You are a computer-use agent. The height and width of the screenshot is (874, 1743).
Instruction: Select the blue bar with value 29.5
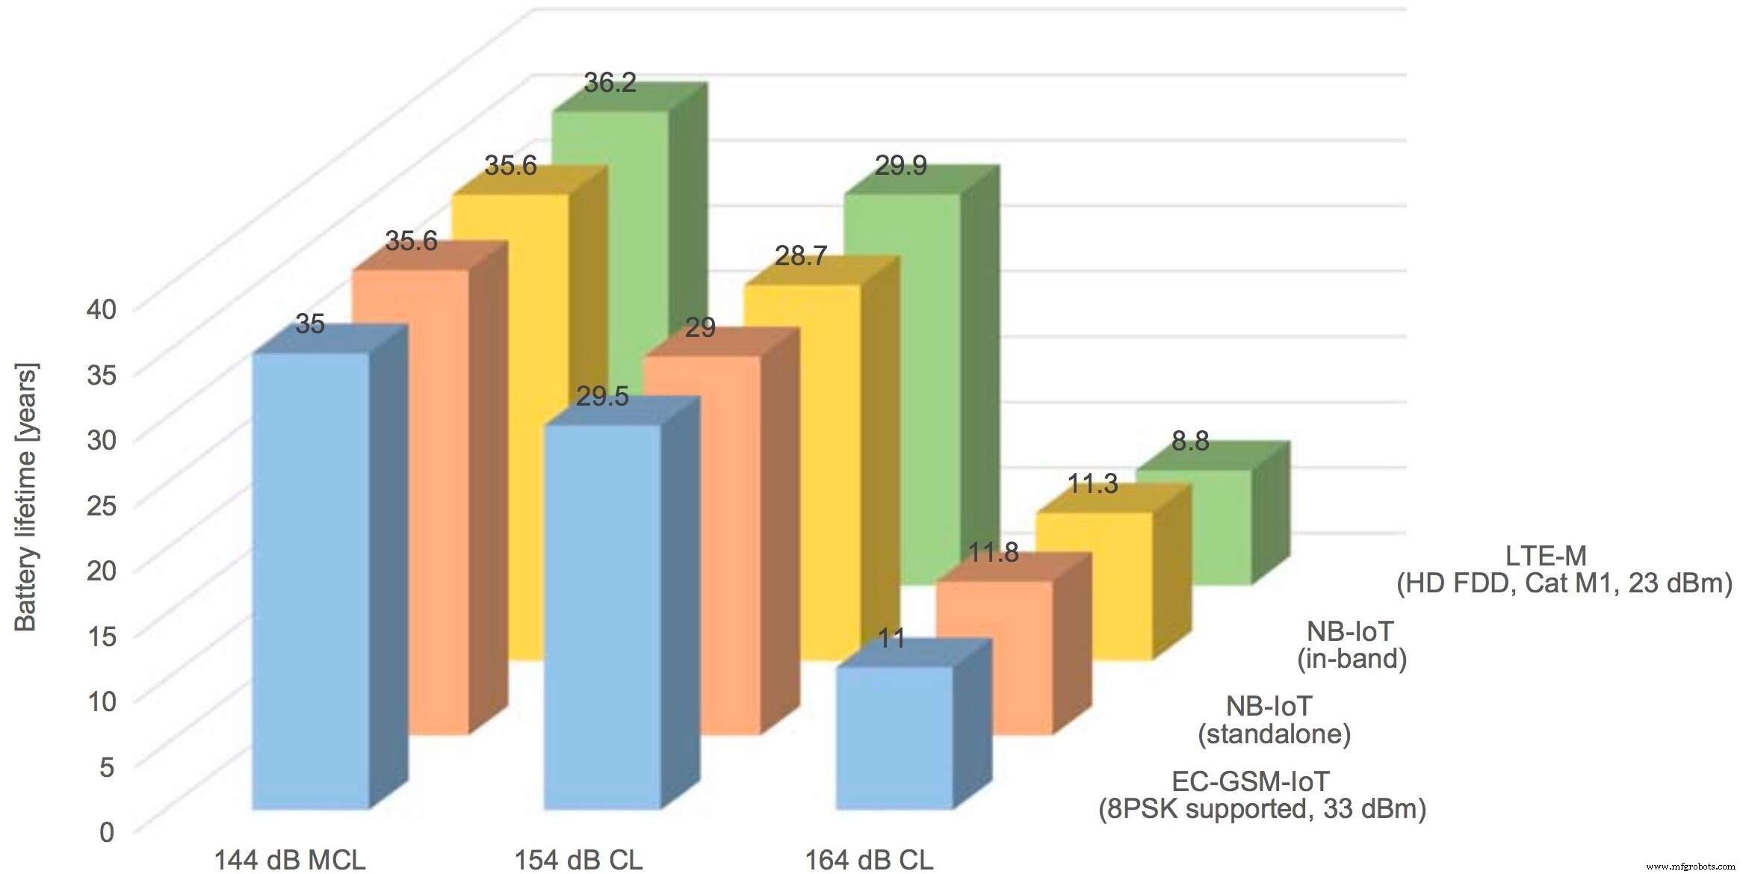point(602,616)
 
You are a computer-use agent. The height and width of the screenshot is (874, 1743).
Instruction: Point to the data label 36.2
point(610,83)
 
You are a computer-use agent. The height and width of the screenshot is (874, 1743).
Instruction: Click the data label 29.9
point(900,166)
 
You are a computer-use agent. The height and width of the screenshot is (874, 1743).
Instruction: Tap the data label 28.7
point(800,257)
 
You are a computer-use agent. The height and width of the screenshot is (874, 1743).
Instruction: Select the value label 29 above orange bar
point(700,328)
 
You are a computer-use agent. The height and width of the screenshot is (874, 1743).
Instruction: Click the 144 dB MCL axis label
point(290,860)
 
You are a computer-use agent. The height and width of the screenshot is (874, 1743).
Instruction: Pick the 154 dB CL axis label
point(578,860)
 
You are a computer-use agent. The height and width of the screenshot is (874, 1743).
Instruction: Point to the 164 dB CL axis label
point(869,860)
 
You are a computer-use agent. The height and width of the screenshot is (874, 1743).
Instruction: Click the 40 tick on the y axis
point(102,309)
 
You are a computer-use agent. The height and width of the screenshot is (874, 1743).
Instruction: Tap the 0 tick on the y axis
point(107,831)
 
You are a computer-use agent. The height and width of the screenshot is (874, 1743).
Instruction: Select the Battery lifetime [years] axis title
point(25,498)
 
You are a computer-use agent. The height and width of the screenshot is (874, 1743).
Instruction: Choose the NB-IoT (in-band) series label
point(1352,645)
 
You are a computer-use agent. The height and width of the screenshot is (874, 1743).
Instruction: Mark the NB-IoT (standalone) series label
point(1274,720)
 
